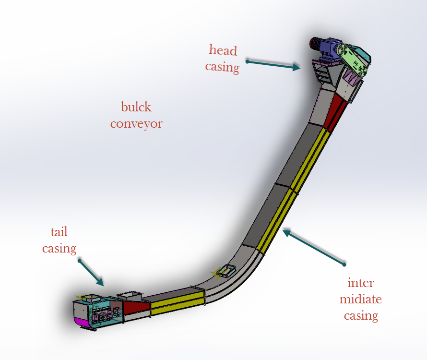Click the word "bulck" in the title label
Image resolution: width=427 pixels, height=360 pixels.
(x=136, y=107)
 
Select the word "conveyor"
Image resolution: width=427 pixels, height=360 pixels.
(x=136, y=123)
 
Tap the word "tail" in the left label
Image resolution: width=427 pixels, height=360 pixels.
(x=59, y=232)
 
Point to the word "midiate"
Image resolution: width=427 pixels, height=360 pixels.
(x=360, y=300)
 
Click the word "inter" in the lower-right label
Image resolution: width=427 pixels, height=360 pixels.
(x=360, y=283)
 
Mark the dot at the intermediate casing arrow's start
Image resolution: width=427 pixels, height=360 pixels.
(x=344, y=264)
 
